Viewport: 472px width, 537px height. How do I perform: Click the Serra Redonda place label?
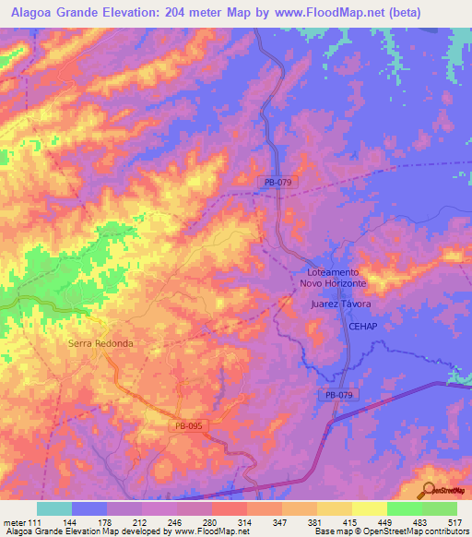(100, 343)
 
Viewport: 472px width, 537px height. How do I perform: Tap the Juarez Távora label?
(341, 304)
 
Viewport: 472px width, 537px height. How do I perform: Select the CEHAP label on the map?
(362, 327)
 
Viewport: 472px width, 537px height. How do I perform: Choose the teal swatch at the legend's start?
(54, 508)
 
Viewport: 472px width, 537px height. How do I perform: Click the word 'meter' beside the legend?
(17, 521)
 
